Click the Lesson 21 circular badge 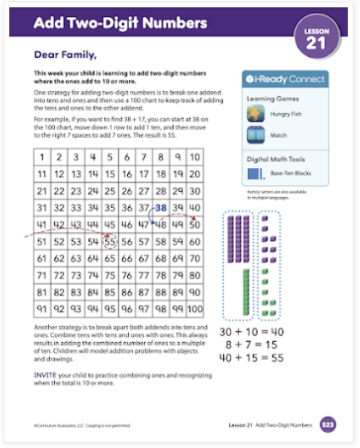point(316,39)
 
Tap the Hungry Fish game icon point(255,114)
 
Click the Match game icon point(255,135)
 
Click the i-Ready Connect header point(286,79)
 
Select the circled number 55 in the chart point(110,242)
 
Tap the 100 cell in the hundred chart point(195,309)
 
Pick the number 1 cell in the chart point(42,157)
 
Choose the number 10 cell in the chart point(195,157)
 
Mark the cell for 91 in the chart point(42,309)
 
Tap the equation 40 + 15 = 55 point(251,358)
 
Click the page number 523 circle point(328,424)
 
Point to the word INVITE point(45,375)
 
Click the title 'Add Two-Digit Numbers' point(120,23)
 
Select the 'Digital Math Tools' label point(276,159)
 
